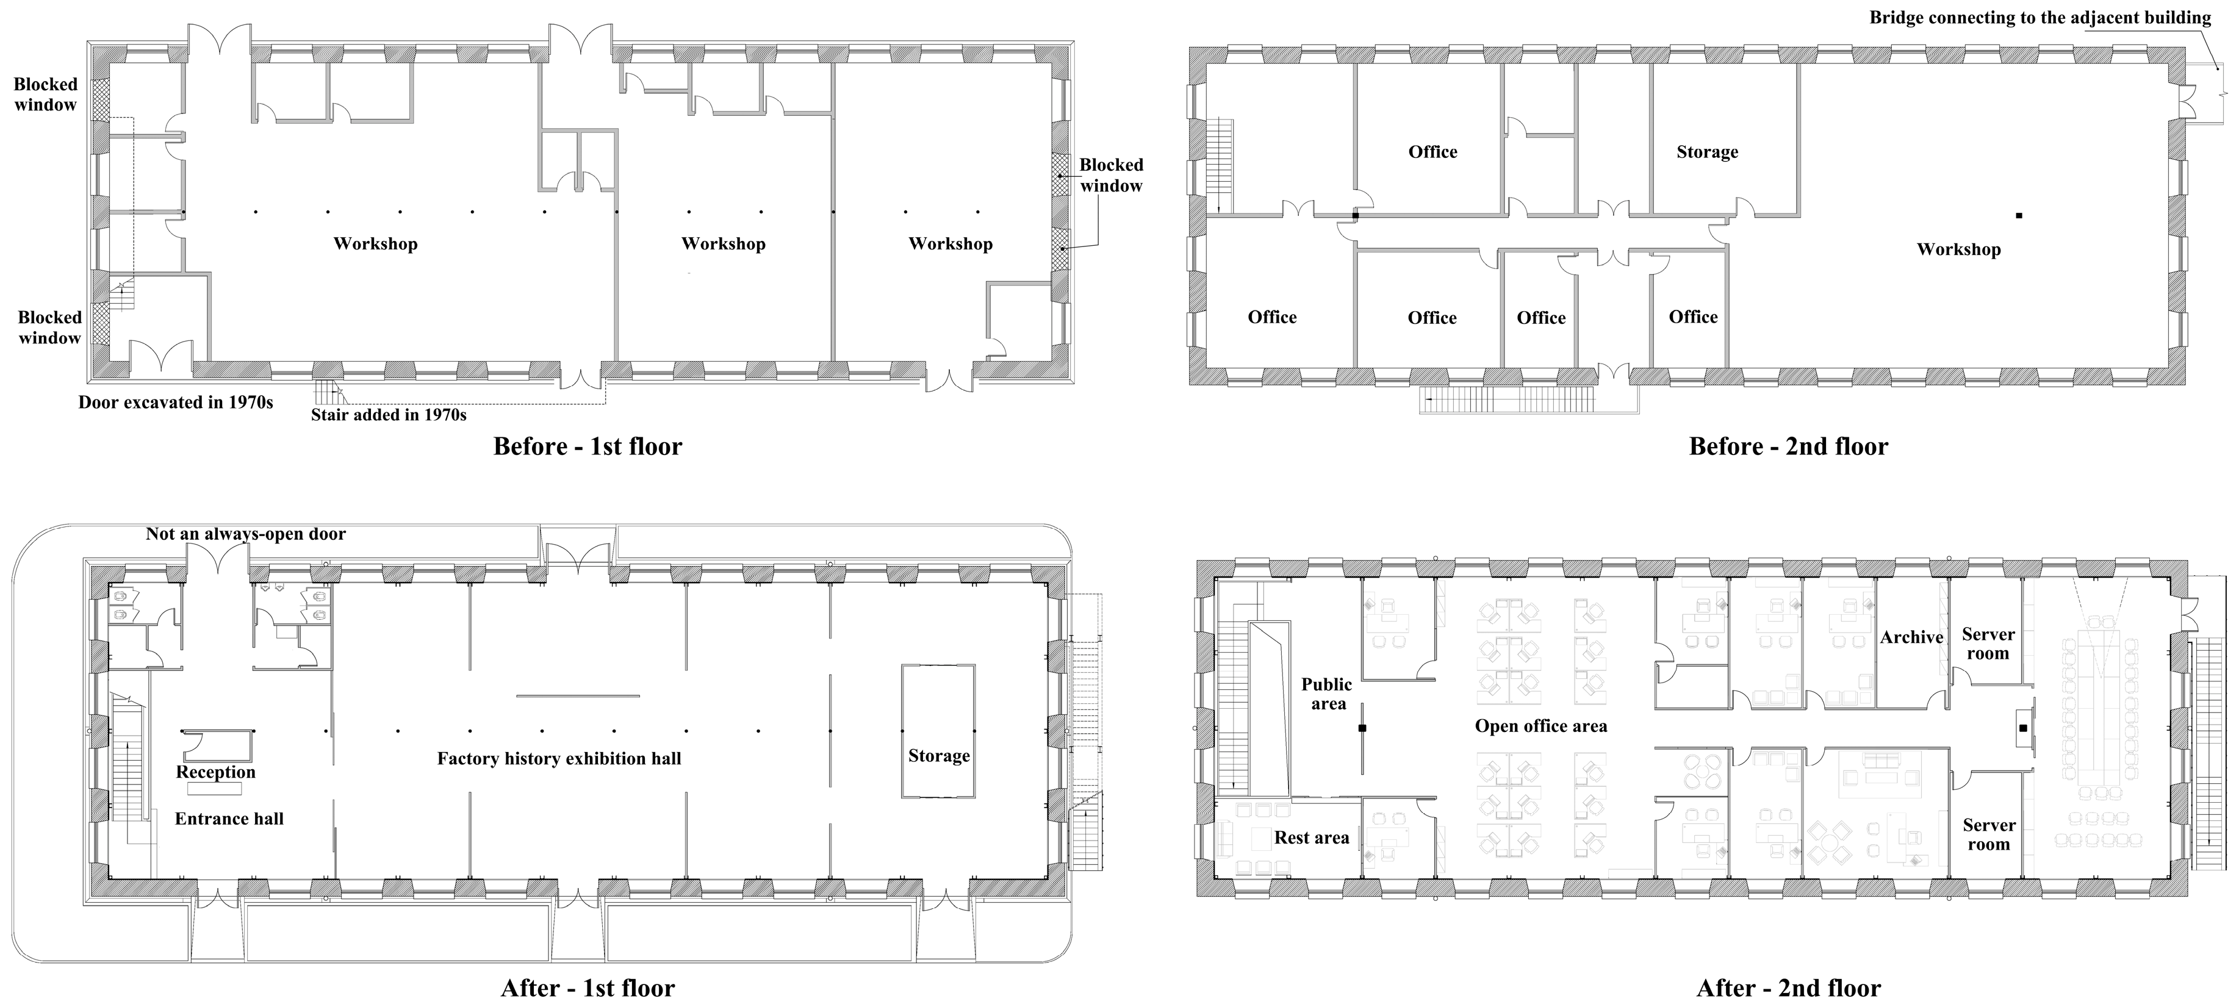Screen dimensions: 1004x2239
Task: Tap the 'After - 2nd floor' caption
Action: (1788, 988)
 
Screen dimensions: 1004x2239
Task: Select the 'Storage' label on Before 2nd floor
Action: (1707, 152)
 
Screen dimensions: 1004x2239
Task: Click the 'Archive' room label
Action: (1911, 637)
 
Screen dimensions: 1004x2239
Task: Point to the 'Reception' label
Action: (215, 772)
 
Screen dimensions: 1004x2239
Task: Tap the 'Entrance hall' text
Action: (229, 818)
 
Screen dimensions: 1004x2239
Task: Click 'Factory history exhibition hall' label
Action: (559, 758)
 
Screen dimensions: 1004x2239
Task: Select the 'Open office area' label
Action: (1540, 726)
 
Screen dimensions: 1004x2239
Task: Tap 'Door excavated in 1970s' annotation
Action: (176, 403)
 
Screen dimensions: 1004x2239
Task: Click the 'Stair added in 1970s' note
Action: (389, 415)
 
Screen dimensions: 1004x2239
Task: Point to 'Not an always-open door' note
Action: (245, 534)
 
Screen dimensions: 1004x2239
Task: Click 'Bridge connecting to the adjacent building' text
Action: (2039, 18)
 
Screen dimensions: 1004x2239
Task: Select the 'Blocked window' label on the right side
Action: (1111, 174)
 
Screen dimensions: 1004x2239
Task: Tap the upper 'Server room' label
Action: (1988, 644)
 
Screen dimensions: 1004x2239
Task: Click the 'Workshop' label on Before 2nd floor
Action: (1958, 249)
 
